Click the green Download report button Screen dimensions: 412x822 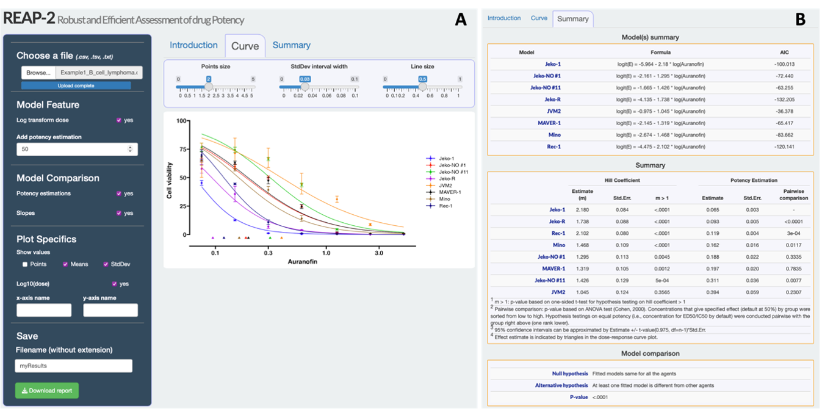(47, 391)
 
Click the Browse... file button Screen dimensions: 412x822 (38, 73)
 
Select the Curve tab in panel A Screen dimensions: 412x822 (245, 46)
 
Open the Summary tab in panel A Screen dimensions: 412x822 (291, 45)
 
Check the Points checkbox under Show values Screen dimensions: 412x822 (25, 264)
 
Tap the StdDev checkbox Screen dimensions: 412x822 (106, 264)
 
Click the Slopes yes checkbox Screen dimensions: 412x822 (119, 213)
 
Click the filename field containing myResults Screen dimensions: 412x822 (73, 366)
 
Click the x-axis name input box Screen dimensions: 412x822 (43, 310)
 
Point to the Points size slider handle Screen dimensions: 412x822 (208, 87)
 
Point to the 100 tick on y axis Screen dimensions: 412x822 (181, 121)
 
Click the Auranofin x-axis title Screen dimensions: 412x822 (302, 262)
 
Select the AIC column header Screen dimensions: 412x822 (784, 52)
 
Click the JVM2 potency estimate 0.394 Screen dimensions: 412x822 (708, 291)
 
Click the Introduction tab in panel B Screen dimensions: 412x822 (503, 18)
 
